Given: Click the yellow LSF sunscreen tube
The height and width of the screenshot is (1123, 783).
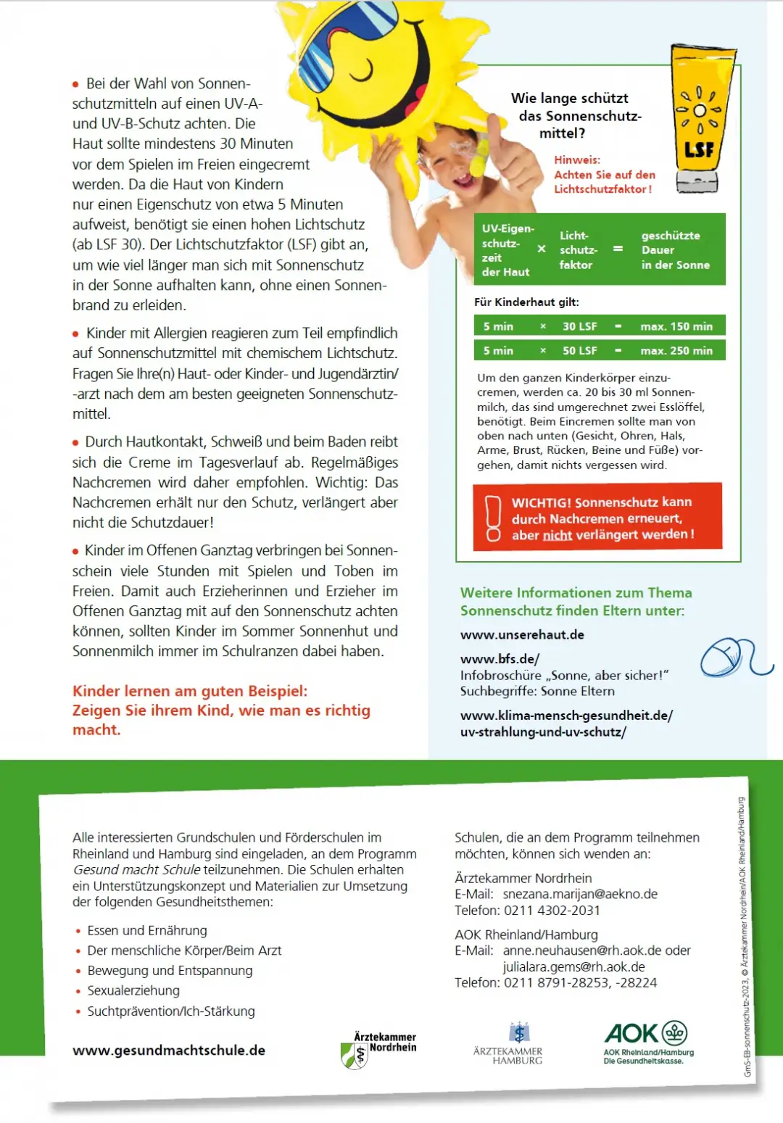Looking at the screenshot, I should click(x=699, y=120).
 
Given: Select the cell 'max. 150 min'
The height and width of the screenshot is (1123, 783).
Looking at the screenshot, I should click(x=676, y=327).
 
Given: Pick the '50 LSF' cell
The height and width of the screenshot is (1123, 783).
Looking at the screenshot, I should click(x=580, y=351).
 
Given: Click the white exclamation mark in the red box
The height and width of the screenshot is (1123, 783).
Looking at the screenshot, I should click(x=494, y=518).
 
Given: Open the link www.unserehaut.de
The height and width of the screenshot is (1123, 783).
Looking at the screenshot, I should click(x=522, y=635).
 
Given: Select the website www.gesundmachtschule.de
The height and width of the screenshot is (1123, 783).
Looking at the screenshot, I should click(x=169, y=1051).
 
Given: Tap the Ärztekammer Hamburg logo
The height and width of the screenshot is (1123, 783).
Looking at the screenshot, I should click(x=518, y=1044).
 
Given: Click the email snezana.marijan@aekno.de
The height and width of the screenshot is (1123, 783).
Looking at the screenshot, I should click(x=580, y=895).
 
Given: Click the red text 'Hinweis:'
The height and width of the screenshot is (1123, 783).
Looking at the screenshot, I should click(x=577, y=160).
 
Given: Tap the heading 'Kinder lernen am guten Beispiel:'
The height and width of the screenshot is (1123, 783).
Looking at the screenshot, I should click(x=190, y=692).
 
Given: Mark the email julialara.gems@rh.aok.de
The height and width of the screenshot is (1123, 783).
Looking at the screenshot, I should click(x=573, y=967).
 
